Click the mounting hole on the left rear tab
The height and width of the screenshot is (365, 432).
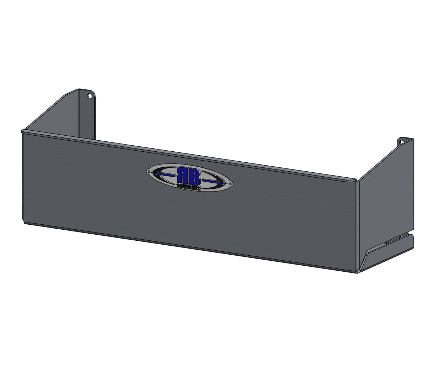[x=90, y=96]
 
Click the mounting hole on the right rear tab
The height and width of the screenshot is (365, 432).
[x=402, y=142]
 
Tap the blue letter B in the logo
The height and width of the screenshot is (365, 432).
[x=195, y=175]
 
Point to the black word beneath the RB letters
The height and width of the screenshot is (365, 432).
[x=189, y=186]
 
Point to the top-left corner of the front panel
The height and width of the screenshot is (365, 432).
[x=23, y=131]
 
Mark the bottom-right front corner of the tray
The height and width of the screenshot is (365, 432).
[x=357, y=272]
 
